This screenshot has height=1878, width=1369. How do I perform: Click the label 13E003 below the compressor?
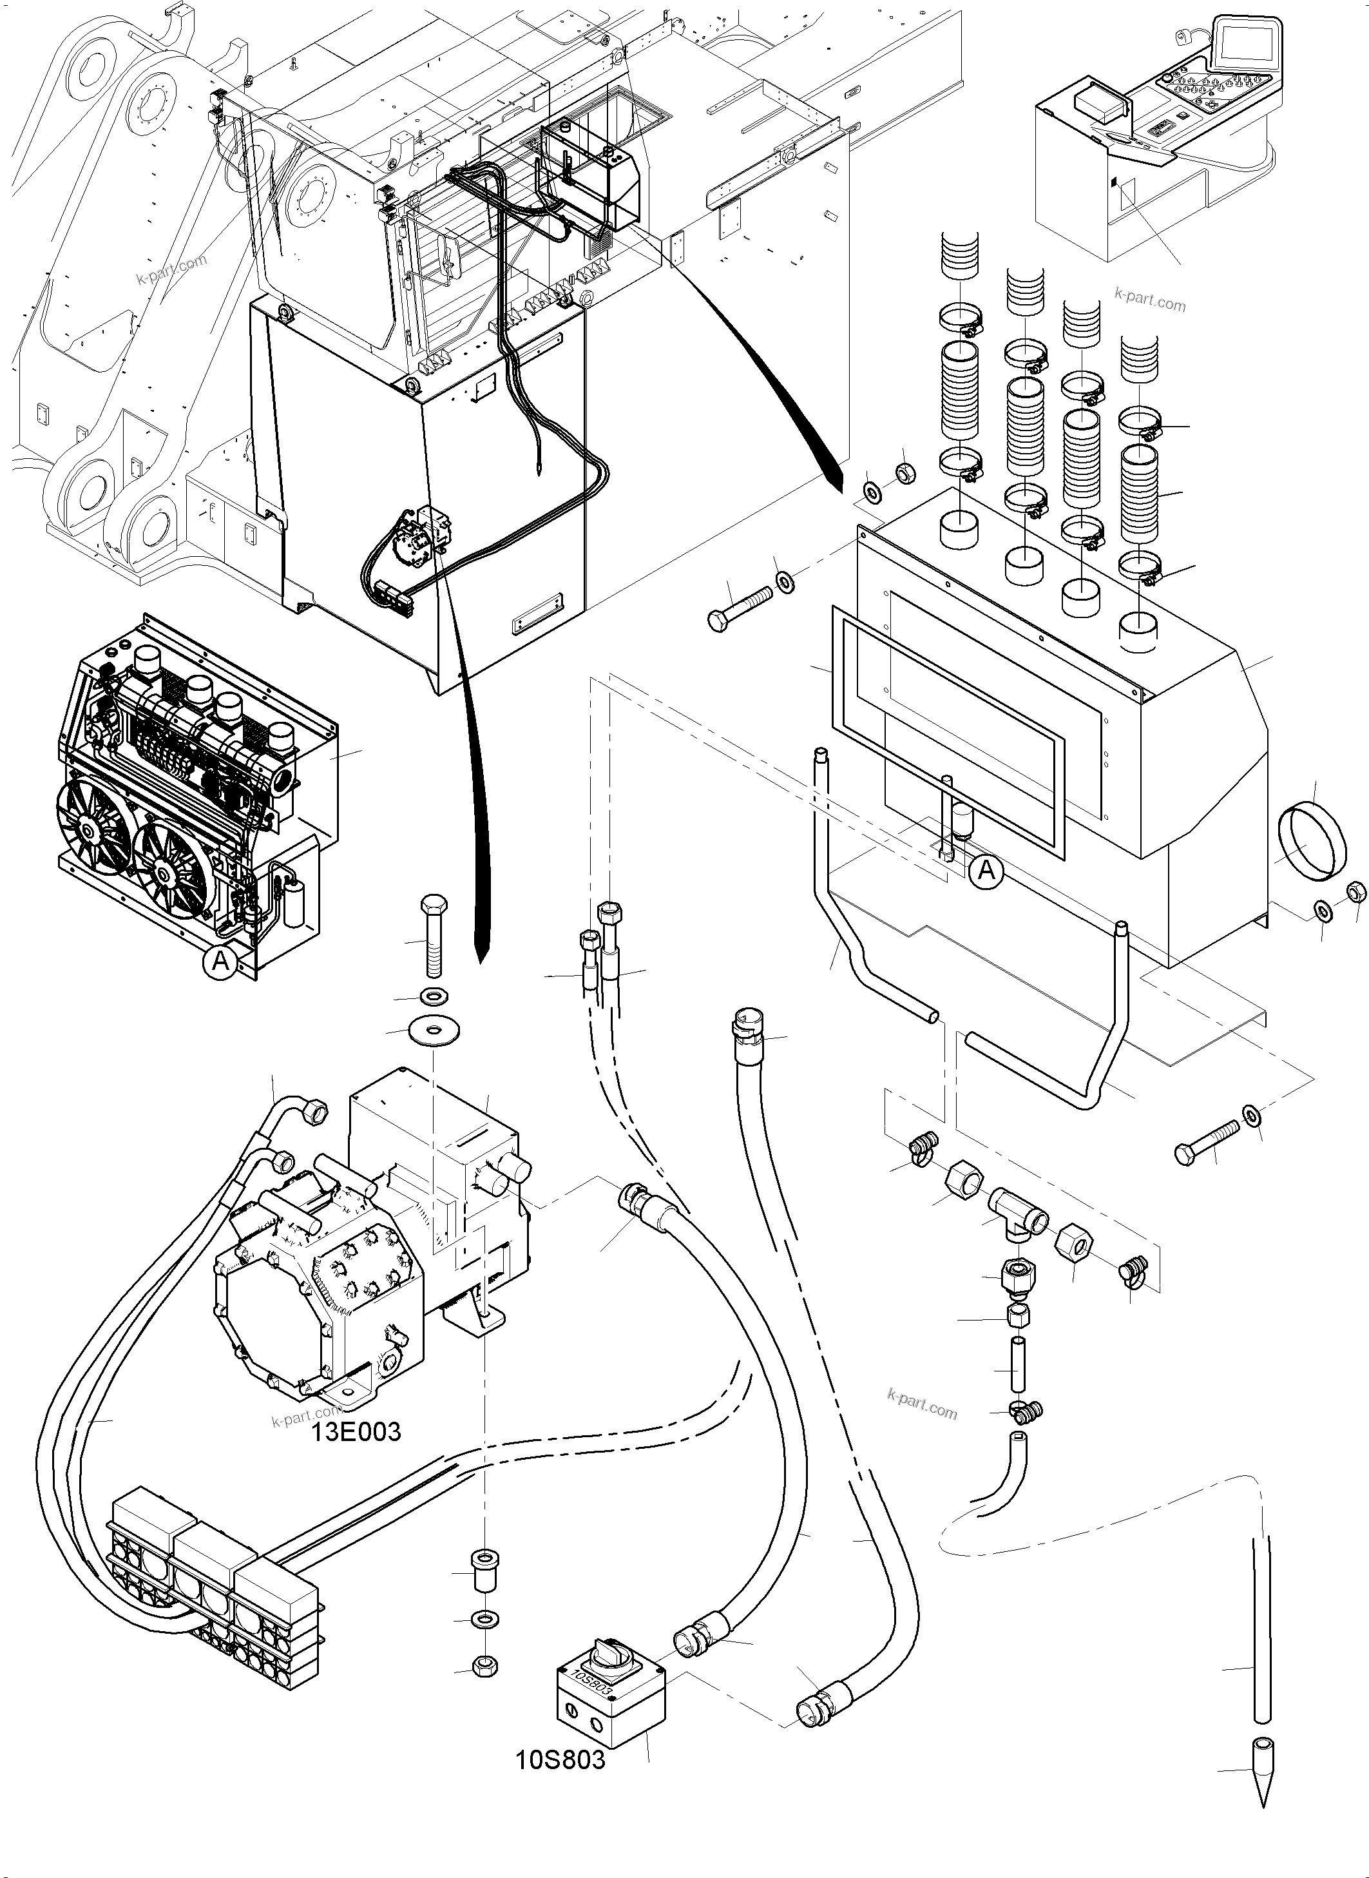pyautogui.click(x=356, y=1431)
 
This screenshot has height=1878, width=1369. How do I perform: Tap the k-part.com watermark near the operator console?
pyautogui.click(x=1150, y=300)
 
